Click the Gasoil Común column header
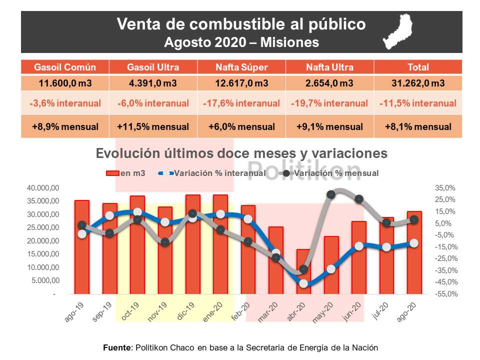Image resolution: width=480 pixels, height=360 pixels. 65,67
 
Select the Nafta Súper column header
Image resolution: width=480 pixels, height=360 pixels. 241,67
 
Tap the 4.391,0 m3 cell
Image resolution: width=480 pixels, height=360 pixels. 153,83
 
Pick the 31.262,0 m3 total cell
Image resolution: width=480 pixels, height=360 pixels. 418,83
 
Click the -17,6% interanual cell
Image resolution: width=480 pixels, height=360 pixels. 241,103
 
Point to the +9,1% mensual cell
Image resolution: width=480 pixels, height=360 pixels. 329,127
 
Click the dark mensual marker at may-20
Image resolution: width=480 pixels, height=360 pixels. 331,194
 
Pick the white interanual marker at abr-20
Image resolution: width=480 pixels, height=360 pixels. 303,283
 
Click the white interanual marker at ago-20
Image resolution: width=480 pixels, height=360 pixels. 414,243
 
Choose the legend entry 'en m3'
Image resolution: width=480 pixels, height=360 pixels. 125,173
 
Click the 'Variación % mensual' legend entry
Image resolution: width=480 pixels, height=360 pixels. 330,173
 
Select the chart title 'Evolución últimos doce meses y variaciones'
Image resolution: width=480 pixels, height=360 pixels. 241,153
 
